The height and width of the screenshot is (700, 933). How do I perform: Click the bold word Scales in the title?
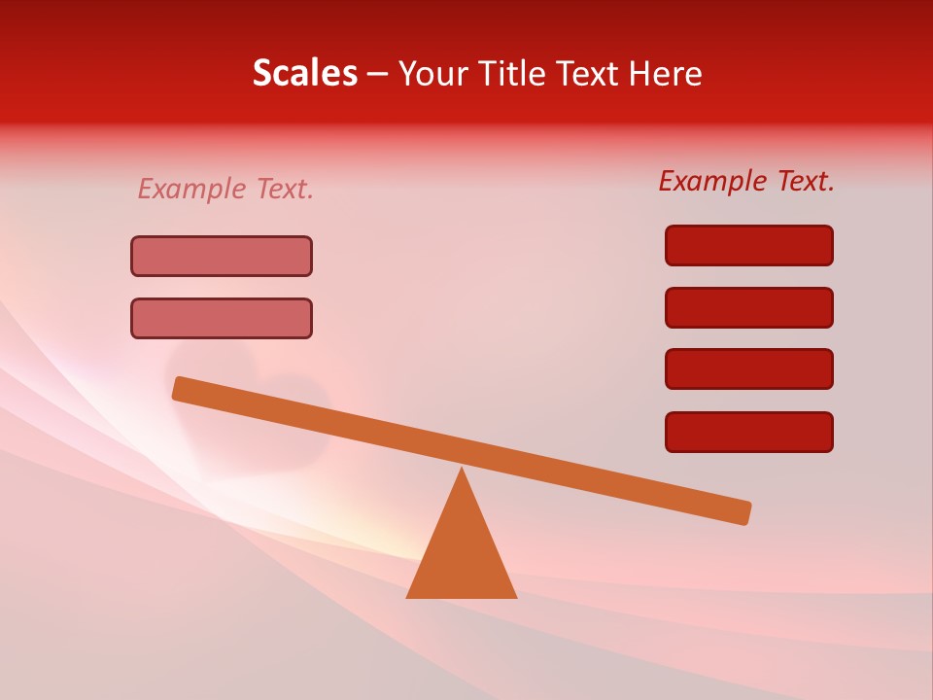point(304,73)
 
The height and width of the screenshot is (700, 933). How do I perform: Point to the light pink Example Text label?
point(225,189)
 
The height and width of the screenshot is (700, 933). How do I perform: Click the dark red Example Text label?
point(746,181)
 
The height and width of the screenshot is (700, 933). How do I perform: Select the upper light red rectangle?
point(222,257)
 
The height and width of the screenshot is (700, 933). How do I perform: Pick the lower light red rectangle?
point(222,318)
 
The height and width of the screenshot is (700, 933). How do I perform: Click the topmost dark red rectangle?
point(749,245)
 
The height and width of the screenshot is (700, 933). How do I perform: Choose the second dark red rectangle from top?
point(749,307)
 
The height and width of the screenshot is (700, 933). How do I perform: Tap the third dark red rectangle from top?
point(749,369)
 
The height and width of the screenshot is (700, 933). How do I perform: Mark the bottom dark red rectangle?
point(749,432)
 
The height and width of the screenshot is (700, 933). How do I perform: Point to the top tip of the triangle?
point(462,471)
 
